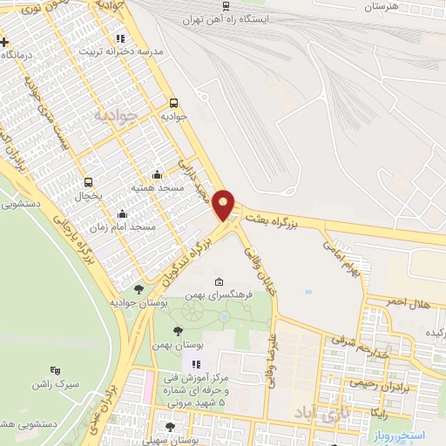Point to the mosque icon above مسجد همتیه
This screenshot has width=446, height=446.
(x=156, y=174)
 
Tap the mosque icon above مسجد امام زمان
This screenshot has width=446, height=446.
(x=121, y=213)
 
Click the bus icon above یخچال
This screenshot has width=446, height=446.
(x=88, y=183)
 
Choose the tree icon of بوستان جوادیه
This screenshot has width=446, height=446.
(x=139, y=288)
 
